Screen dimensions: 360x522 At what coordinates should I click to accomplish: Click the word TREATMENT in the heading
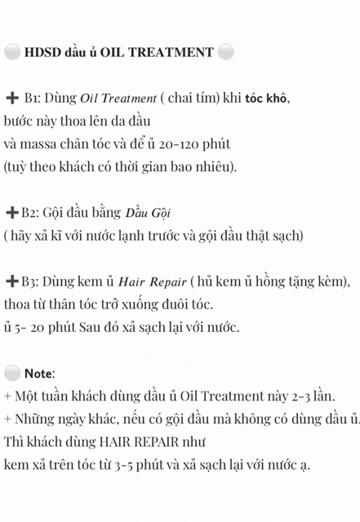pyautogui.click(x=177, y=53)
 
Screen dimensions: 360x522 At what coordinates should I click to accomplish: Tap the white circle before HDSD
pyautogui.click(x=11, y=52)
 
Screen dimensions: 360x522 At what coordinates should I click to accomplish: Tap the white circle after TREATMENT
pyautogui.click(x=226, y=53)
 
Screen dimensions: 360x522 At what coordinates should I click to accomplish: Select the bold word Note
pyautogui.click(x=38, y=374)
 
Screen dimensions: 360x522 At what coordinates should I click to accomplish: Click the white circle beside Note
pyautogui.click(x=11, y=374)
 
